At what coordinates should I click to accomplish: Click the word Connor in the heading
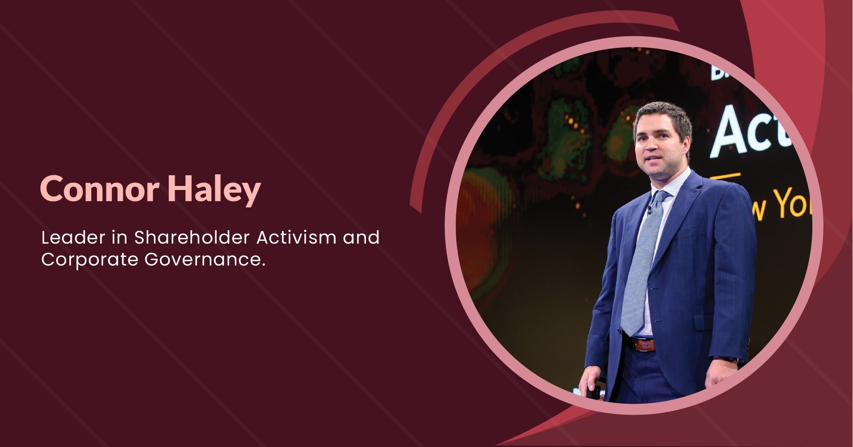100,189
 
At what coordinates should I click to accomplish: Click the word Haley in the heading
214,190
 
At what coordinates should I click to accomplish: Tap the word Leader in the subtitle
73,237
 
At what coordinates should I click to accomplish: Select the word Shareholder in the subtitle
192,237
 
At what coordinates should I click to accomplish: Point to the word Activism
296,237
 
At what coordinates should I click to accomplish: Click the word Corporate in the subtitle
89,259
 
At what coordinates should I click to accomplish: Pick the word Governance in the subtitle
205,259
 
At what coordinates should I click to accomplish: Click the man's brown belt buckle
644,344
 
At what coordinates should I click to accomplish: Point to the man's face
657,148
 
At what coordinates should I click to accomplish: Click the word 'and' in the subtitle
361,237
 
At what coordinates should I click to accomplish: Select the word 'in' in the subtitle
119,237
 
